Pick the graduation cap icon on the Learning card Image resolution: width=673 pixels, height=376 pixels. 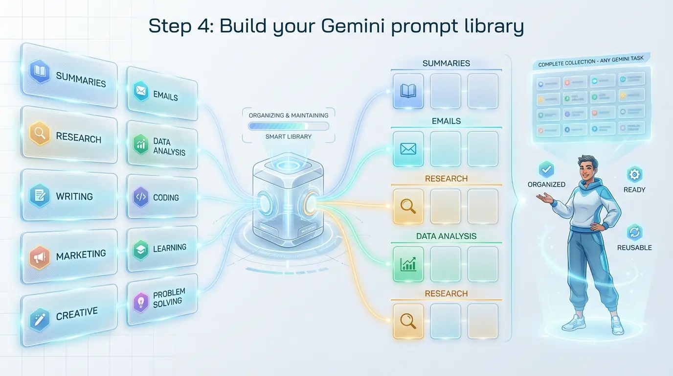pyautogui.click(x=141, y=250)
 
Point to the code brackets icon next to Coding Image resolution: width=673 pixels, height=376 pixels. pyautogui.click(x=140, y=197)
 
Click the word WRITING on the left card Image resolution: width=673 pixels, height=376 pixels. pyautogui.click(x=74, y=196)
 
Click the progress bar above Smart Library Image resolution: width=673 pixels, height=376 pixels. pyautogui.click(x=288, y=126)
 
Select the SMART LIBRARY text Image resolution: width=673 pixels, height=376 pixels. pyautogui.click(x=288, y=137)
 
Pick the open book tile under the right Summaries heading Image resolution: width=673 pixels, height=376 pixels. pyautogui.click(x=408, y=91)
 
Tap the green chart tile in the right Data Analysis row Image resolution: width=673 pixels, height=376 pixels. pyautogui.click(x=408, y=264)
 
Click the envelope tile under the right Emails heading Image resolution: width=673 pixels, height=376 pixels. pyautogui.click(x=408, y=149)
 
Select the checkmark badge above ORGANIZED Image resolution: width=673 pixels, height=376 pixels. pyautogui.click(x=546, y=169)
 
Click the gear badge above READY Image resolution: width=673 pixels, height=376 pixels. pyautogui.click(x=634, y=175)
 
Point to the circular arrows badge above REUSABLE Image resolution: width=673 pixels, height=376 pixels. pyautogui.click(x=634, y=232)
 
